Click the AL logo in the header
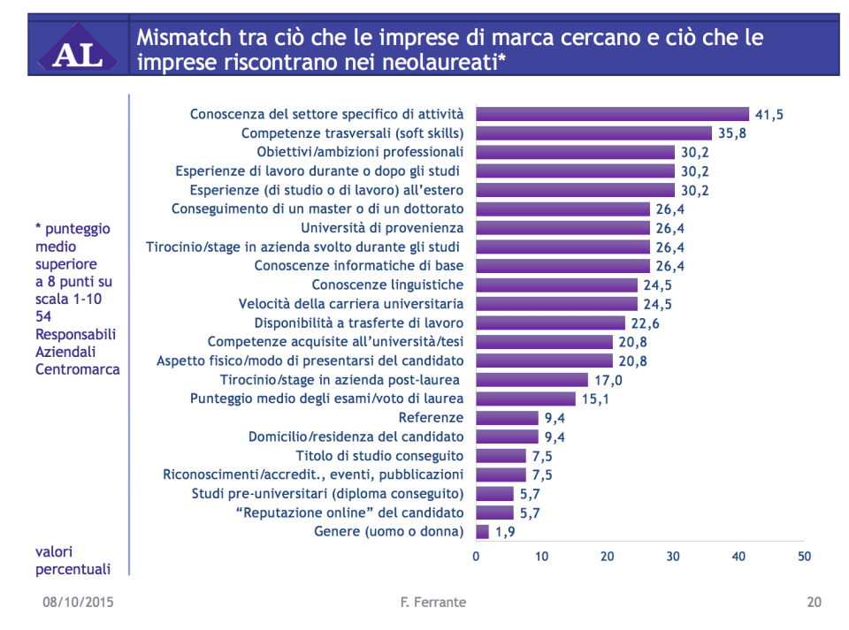click(77, 52)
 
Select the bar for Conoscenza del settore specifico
click(613, 114)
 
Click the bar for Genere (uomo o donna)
click(482, 532)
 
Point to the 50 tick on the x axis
click(804, 557)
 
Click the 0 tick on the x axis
click(476, 557)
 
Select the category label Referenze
click(431, 418)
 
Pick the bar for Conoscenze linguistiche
click(556, 285)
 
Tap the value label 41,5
click(769, 114)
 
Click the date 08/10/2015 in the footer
click(79, 603)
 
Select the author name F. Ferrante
click(432, 603)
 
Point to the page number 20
click(814, 603)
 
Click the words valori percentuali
click(73, 560)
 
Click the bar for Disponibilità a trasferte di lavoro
click(550, 323)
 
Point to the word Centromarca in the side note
click(78, 369)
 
